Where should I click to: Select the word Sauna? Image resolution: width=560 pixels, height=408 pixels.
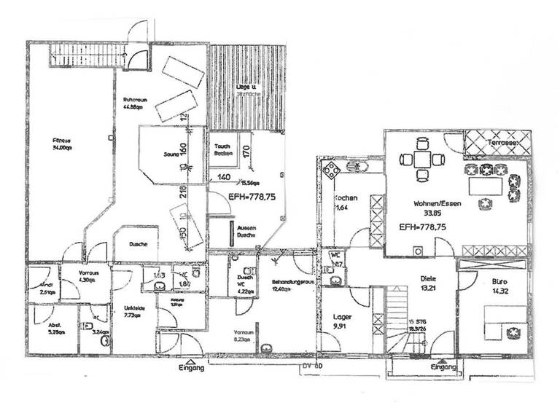click(173, 154)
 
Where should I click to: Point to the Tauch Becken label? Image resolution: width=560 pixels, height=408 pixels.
click(223, 149)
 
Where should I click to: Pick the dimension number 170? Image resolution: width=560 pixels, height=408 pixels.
click(246, 152)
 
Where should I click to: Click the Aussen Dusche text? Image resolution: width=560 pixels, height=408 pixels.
click(246, 231)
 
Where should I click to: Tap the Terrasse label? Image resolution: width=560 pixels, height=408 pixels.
click(504, 144)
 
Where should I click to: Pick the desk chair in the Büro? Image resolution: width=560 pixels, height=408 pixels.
click(515, 331)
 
